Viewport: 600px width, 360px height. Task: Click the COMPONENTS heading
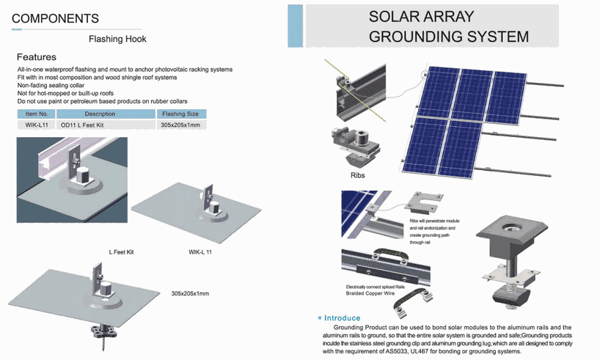[x=55, y=18]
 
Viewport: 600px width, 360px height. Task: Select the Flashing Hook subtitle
[x=117, y=39]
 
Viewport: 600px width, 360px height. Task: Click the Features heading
[x=37, y=57]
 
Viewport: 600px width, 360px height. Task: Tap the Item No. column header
[x=37, y=114]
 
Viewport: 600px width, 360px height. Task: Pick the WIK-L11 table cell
[x=37, y=125]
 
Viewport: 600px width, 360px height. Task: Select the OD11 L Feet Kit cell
[x=82, y=125]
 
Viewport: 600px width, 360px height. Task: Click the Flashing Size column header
[x=180, y=114]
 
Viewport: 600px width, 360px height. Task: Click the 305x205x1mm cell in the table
[x=180, y=125]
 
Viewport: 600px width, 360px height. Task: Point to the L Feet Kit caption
[x=121, y=252]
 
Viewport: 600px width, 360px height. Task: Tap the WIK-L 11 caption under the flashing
[x=200, y=252]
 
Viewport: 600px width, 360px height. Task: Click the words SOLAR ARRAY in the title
[x=421, y=16]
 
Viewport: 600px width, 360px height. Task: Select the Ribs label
[x=358, y=175]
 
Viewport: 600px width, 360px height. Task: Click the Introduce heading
[x=342, y=318]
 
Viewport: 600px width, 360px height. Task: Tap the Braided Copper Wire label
[x=370, y=293]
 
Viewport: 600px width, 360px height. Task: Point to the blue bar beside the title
[x=296, y=26]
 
